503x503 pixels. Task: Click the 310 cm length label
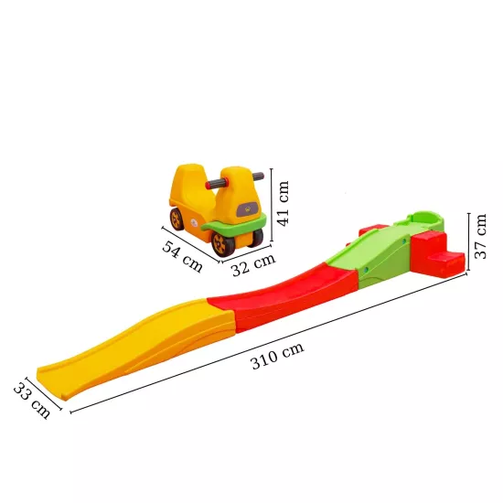277,357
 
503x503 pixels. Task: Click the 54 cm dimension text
183,254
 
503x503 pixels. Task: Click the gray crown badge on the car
249,208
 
